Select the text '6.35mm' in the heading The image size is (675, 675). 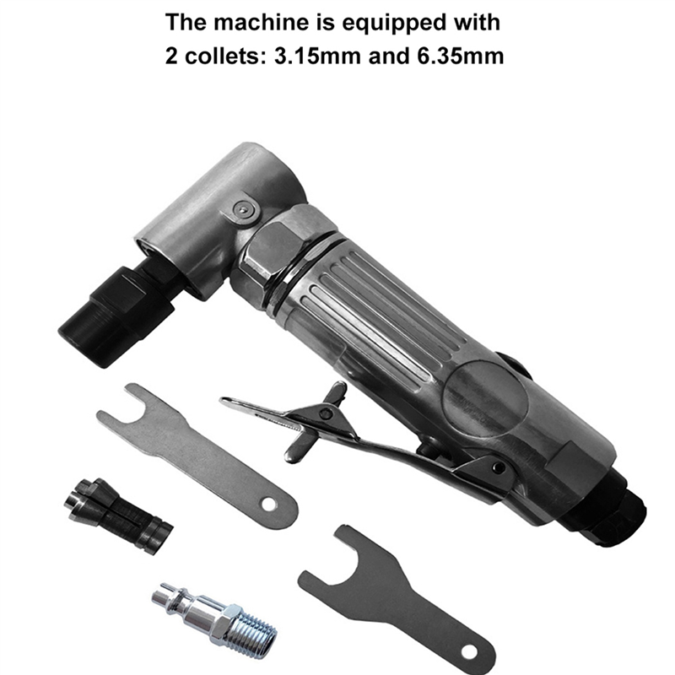tap(460, 56)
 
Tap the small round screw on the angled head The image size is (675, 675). tap(243, 210)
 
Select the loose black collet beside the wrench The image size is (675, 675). tap(118, 515)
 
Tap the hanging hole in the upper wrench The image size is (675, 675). tap(268, 505)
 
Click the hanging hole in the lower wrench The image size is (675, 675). tap(469, 652)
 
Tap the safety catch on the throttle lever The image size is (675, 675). tap(319, 419)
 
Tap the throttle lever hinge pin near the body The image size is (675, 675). tap(499, 467)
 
